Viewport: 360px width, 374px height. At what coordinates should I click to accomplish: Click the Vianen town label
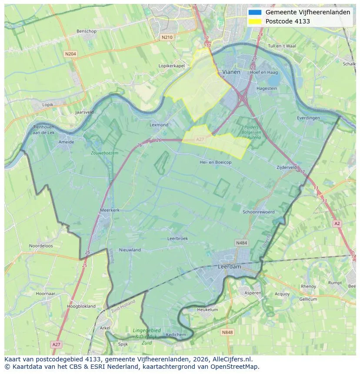point(231,72)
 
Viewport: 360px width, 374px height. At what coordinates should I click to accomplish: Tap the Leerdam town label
point(229,267)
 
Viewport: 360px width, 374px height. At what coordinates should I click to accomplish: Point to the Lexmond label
point(159,125)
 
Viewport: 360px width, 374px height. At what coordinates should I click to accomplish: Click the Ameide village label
point(66,142)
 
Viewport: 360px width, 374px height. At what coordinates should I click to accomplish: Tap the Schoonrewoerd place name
point(259,212)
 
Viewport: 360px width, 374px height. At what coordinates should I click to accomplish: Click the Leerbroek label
point(177,238)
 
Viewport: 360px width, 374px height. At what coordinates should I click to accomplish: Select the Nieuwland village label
point(130,250)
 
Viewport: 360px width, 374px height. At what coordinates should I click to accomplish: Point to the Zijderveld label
point(287,167)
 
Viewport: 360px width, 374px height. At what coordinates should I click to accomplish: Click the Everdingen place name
point(308,118)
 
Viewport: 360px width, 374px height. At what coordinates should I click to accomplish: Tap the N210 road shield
point(167,37)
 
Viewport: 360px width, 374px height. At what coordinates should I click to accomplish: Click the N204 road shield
point(70,54)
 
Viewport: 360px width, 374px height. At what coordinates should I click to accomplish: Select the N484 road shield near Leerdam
point(241,242)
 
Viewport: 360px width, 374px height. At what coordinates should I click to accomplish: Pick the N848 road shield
point(227,332)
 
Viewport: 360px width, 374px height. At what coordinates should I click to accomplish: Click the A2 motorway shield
point(337,223)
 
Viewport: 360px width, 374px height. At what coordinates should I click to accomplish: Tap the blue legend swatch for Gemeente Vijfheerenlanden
point(255,13)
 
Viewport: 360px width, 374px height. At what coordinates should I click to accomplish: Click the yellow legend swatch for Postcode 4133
point(255,21)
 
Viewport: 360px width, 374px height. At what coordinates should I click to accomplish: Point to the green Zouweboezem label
point(104,153)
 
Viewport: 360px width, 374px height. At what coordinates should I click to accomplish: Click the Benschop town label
point(86,31)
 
